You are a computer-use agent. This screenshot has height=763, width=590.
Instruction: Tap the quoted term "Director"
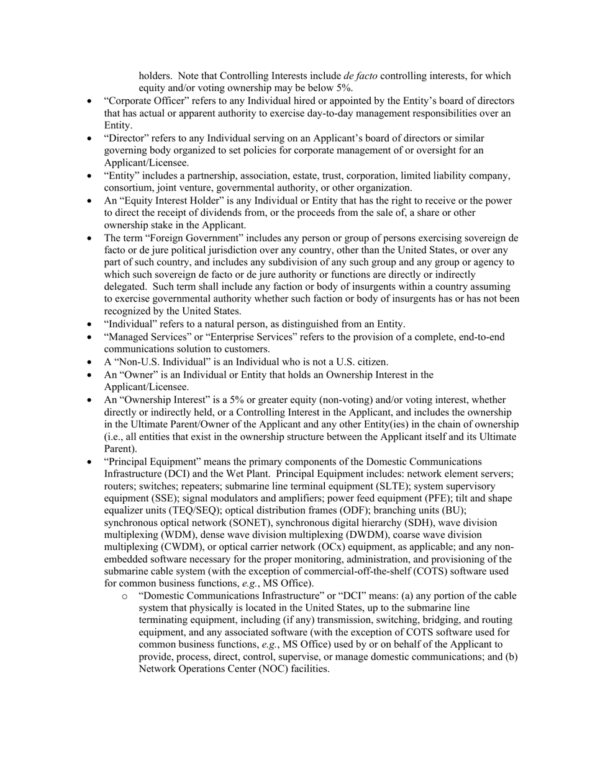click(x=127, y=138)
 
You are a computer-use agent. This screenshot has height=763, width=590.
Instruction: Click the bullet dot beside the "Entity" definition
click(x=91, y=176)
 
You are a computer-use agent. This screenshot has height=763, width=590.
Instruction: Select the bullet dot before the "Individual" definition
click(x=91, y=324)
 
